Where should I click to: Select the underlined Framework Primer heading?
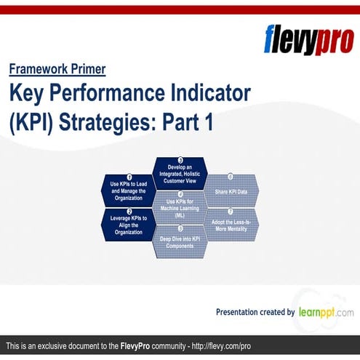click(57, 70)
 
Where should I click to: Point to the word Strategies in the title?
click(108, 121)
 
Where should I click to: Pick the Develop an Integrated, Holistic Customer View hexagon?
click(180, 172)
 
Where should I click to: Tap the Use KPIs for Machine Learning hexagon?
click(180, 206)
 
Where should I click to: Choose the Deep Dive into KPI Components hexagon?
click(180, 241)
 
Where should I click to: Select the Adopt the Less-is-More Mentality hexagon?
click(231, 223)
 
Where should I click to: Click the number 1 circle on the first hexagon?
click(129, 177)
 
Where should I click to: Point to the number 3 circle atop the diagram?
click(180, 160)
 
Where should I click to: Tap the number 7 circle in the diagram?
click(231, 211)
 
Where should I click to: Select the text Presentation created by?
click(255, 312)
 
